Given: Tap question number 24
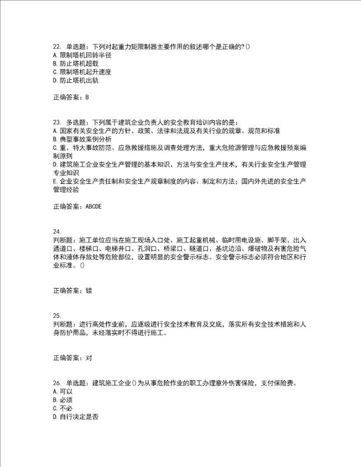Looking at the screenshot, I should (x=56, y=231).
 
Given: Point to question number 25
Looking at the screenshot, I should (x=56, y=316).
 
